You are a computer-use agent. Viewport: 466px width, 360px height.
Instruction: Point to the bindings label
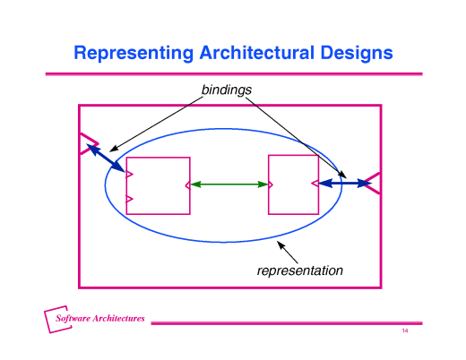[227, 90]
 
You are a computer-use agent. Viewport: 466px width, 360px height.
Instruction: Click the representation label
[300, 270]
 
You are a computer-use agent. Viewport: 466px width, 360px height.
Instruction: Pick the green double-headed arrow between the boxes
[229, 184]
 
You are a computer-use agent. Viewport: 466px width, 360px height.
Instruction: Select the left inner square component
[159, 185]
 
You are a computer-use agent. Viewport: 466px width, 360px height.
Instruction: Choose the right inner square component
[294, 184]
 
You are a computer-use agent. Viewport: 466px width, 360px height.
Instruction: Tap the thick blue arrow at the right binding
[346, 184]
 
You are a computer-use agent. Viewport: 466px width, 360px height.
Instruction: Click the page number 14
[405, 332]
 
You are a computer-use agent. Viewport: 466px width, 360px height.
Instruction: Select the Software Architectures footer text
[100, 319]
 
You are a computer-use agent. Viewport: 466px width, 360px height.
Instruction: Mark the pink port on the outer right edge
[375, 183]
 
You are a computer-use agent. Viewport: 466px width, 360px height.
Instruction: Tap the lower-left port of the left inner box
[129, 199]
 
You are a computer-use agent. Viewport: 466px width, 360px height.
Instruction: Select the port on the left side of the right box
[271, 184]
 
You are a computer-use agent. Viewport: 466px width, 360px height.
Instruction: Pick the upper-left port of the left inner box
[129, 173]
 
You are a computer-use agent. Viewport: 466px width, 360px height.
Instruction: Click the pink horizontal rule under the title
[233, 73]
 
